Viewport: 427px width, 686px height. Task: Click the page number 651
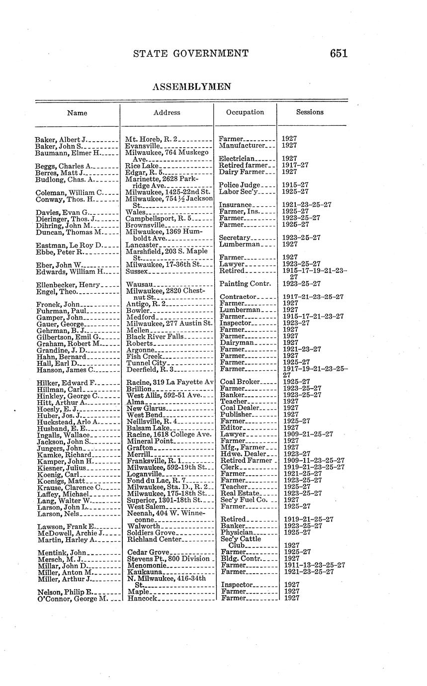pos(338,54)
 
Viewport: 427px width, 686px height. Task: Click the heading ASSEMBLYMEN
pos(191,87)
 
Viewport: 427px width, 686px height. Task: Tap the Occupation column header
pos(245,112)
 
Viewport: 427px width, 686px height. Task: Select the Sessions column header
pos(310,112)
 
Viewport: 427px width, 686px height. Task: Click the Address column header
pos(167,113)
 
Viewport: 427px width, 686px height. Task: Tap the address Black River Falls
pos(155,337)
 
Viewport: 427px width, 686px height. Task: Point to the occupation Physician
pos(238,533)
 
